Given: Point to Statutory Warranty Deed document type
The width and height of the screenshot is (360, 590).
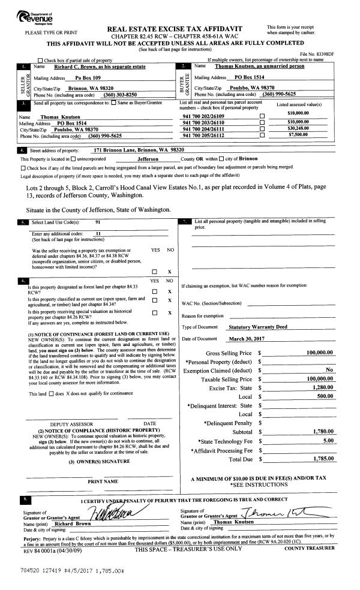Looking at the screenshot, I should coord(259,327).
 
